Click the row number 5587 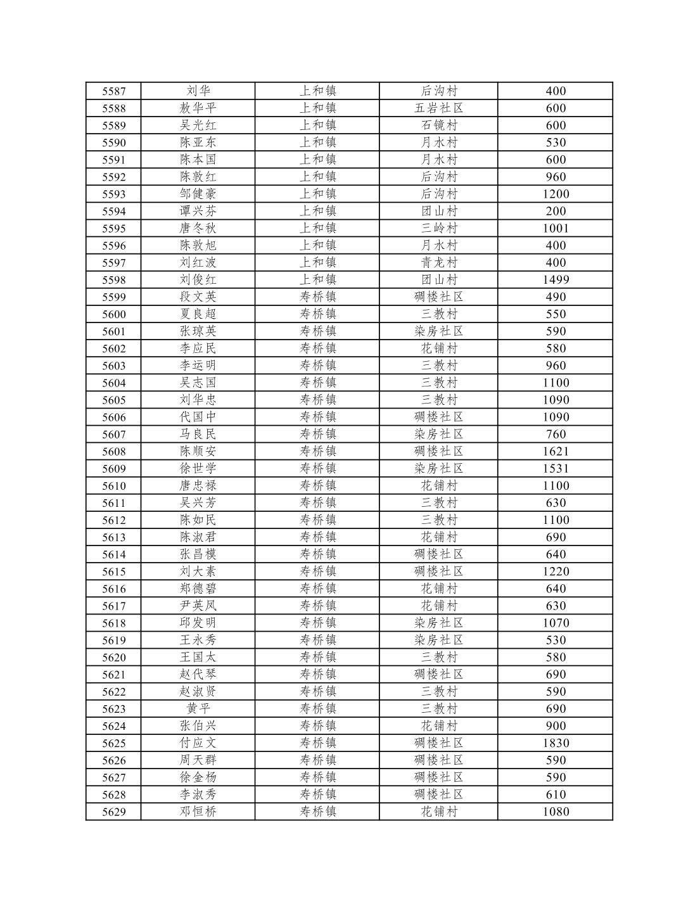click(x=114, y=91)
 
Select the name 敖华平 click(x=198, y=108)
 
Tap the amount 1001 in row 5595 click(x=556, y=228)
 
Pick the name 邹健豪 click(x=198, y=194)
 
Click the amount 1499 click(x=556, y=279)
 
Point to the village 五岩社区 click(x=438, y=108)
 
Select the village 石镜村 click(x=438, y=125)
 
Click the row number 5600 click(x=114, y=314)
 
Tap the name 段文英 click(x=198, y=297)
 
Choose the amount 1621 click(x=556, y=451)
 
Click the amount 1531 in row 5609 click(x=556, y=468)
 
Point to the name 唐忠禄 click(x=198, y=485)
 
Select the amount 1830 click(x=556, y=743)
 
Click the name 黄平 click(x=198, y=708)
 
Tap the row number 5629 click(x=114, y=812)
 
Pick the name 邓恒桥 click(x=198, y=812)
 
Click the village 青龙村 click(x=438, y=262)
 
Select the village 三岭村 click(x=438, y=228)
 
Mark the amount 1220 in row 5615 click(x=556, y=571)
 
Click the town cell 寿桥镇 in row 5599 click(x=317, y=297)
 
